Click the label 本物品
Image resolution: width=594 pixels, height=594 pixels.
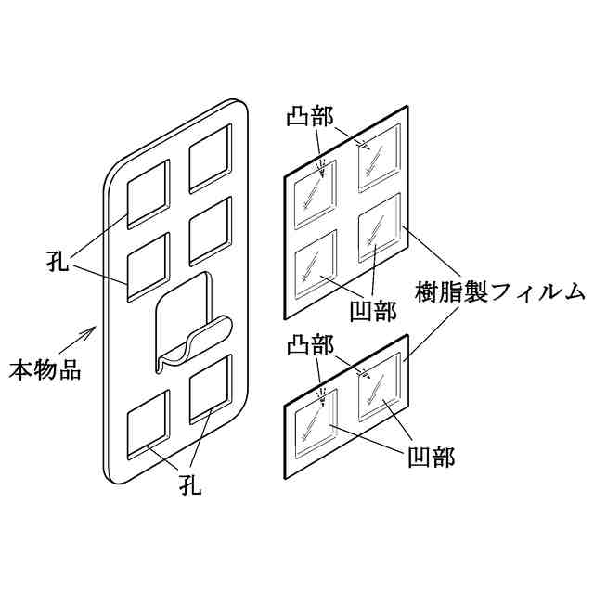coord(45,370)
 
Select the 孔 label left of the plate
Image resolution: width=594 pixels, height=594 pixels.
coord(58,259)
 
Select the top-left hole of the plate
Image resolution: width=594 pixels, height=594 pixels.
coord(148,193)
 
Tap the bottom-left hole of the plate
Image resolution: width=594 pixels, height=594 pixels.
coord(148,426)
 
